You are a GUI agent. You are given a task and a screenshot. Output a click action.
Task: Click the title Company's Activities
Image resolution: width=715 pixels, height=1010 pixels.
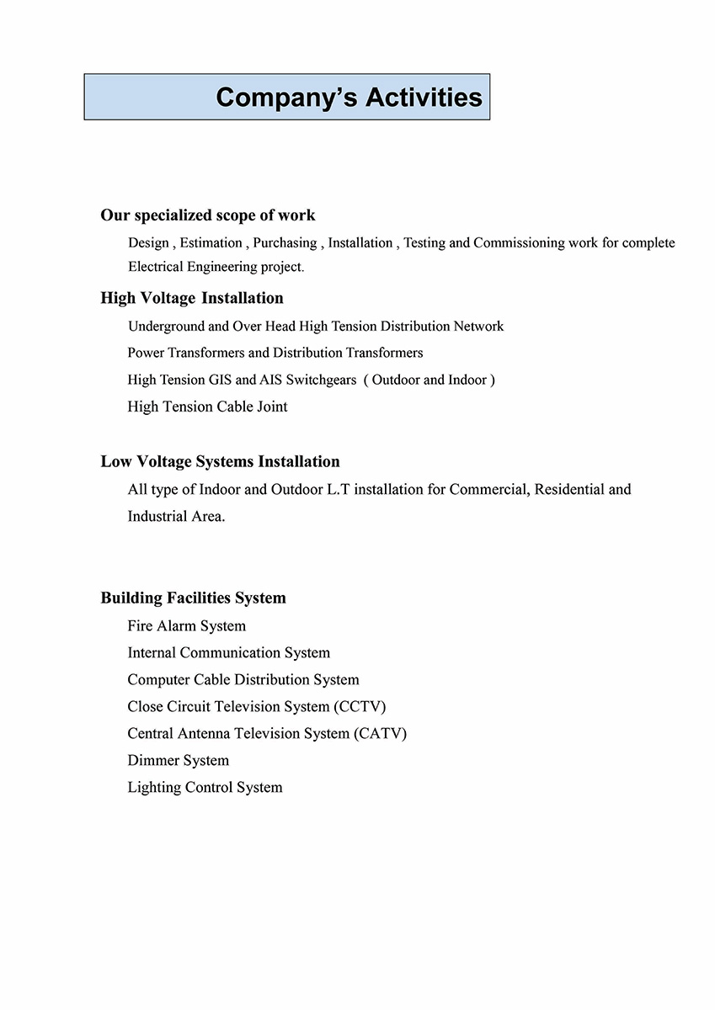coord(349,98)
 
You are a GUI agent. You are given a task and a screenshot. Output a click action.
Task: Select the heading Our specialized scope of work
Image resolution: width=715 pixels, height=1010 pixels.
coord(208,215)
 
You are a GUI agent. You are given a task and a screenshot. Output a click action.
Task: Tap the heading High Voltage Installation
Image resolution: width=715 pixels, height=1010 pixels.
coord(192,298)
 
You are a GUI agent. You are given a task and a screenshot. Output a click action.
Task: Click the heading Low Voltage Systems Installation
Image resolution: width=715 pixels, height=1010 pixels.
coord(221,461)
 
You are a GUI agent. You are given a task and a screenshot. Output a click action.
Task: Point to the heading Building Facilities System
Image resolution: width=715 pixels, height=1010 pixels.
coord(194,598)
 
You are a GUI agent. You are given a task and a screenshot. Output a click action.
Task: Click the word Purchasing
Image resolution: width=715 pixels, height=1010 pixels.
coord(285,243)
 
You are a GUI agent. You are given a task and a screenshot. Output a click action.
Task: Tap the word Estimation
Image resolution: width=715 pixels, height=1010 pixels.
coord(211,243)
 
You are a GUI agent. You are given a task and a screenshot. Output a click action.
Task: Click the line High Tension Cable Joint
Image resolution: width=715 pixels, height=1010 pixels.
coord(207,407)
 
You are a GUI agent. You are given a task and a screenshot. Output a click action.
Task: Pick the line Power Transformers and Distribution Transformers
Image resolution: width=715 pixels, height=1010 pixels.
coord(275,353)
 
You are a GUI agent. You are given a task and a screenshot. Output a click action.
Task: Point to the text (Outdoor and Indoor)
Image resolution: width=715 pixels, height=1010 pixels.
coord(430,380)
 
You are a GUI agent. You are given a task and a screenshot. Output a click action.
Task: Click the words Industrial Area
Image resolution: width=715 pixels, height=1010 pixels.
coord(176,516)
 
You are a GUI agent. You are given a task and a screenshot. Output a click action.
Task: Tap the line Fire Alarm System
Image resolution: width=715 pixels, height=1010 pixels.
coord(187,626)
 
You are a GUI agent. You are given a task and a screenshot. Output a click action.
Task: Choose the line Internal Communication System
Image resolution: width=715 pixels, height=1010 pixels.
coord(229,653)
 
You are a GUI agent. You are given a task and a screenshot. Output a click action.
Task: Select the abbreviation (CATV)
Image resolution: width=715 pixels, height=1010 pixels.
coord(379,734)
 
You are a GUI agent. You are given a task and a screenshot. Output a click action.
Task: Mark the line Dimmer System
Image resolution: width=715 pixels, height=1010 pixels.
coord(179,761)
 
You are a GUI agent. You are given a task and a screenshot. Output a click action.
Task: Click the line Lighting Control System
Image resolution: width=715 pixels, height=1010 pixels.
coord(205,788)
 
